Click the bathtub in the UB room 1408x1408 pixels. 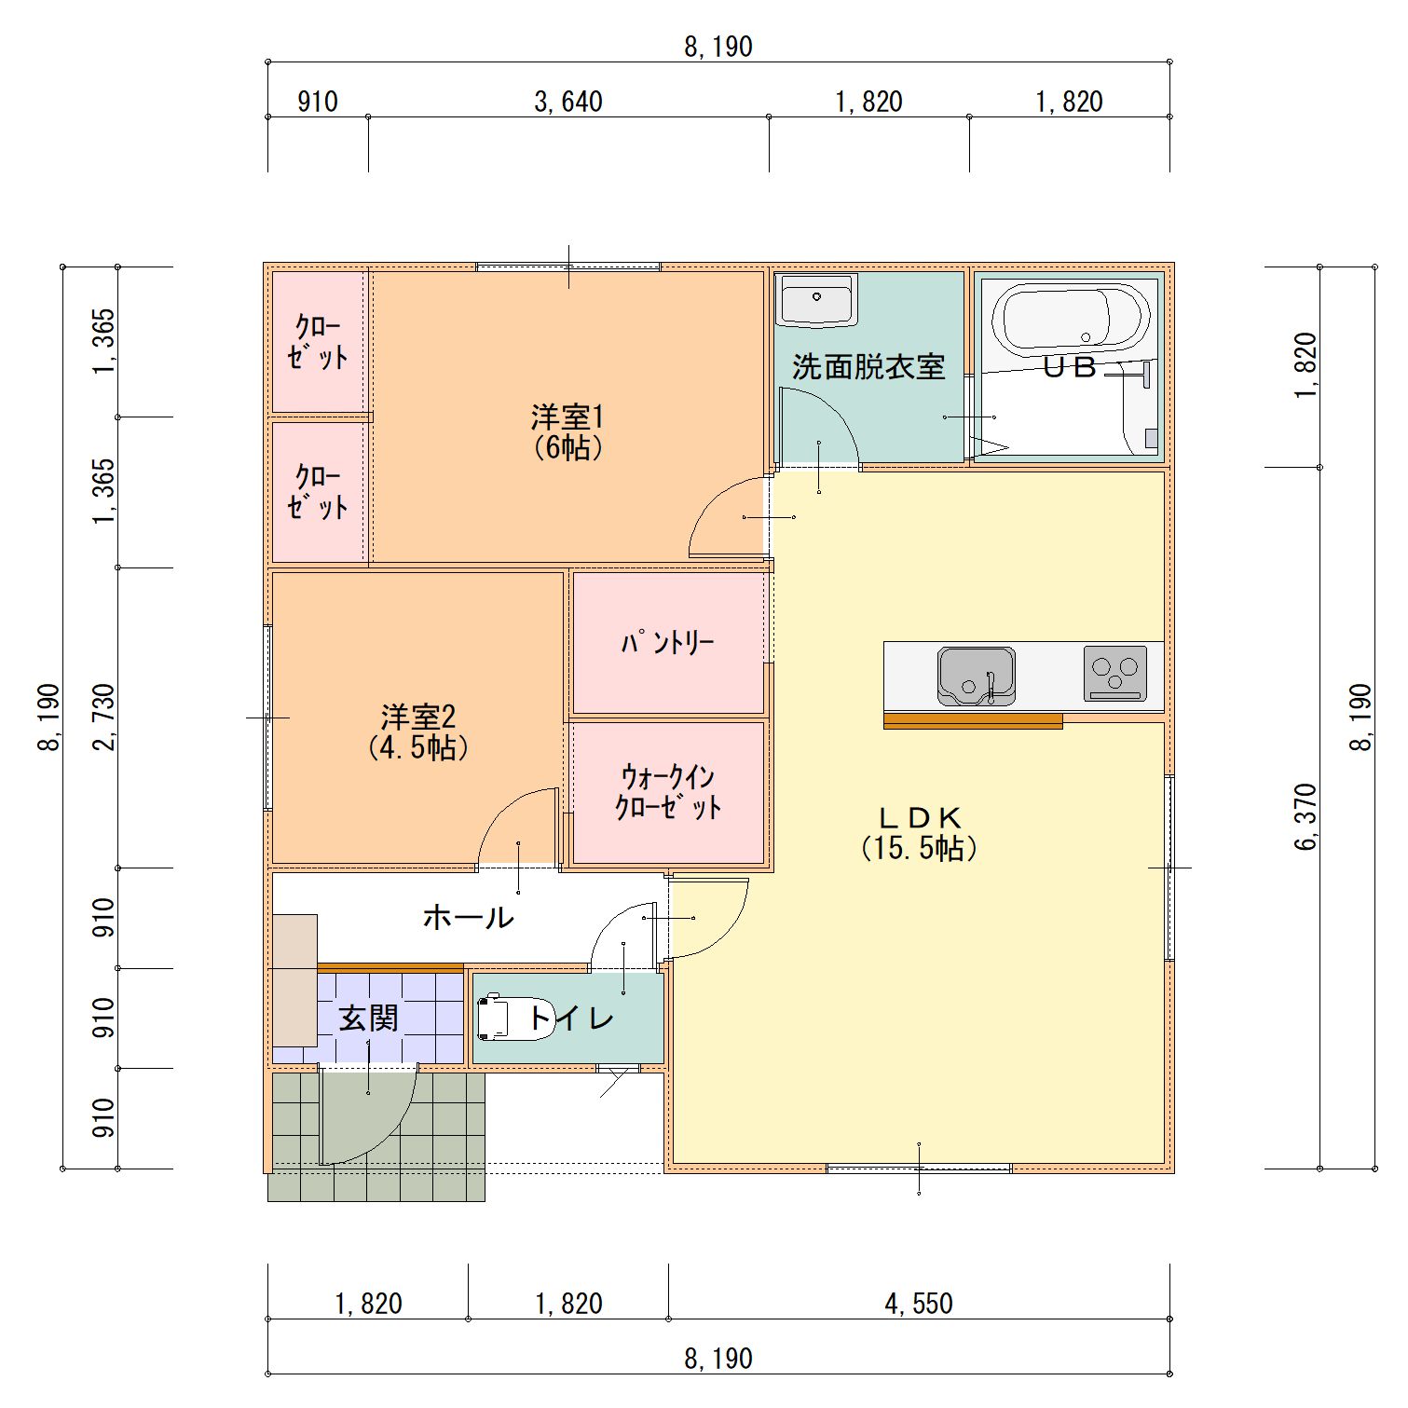tap(1071, 318)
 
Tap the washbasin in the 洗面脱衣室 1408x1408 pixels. tap(817, 301)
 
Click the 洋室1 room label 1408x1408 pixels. tap(567, 431)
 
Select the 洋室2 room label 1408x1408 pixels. tap(418, 731)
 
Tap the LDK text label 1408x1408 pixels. tap(920, 832)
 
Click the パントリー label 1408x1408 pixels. tap(667, 643)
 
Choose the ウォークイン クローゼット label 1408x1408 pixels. tap(668, 792)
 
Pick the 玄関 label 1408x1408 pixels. tap(368, 1018)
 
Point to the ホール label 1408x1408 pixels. tap(468, 918)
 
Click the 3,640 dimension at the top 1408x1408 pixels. tap(567, 102)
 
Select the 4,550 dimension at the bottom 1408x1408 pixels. tap(919, 1304)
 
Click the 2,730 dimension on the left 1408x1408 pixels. tap(103, 717)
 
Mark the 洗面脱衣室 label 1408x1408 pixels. tap(868, 367)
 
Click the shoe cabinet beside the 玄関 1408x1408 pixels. tap(294, 980)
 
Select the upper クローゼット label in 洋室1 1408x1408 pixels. tap(318, 342)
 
